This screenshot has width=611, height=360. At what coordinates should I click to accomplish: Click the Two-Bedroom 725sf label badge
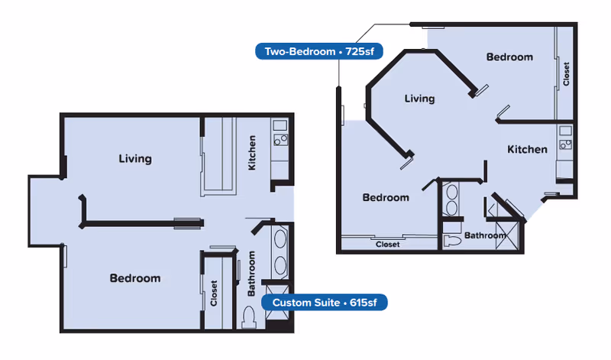(319, 51)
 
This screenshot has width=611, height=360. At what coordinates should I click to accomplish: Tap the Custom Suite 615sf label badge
(324, 302)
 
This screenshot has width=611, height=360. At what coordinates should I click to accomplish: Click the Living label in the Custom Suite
(135, 159)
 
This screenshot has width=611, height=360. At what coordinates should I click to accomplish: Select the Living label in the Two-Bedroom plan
(419, 99)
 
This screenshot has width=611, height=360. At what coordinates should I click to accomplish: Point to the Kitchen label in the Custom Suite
(252, 153)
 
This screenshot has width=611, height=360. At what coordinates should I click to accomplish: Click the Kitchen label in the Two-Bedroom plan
(527, 149)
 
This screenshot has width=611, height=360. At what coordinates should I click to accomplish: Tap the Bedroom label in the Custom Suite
(135, 278)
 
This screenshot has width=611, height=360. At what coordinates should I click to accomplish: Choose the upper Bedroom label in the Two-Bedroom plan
(509, 57)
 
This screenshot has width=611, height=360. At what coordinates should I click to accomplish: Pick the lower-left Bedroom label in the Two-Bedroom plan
(386, 197)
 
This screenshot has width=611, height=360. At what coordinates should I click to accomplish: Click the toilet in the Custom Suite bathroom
(249, 316)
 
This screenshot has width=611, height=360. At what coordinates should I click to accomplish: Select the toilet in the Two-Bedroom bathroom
(452, 241)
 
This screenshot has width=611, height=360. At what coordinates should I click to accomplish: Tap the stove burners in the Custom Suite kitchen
(280, 140)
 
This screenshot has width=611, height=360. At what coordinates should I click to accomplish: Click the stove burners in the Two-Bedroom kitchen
(565, 144)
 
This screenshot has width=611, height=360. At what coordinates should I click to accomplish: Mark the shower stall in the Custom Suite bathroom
(277, 302)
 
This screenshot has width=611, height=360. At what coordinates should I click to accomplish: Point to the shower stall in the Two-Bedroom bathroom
(507, 235)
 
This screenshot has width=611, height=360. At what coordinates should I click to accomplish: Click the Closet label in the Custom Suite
(214, 293)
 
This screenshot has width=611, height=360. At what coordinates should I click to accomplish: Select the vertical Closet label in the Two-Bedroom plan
(566, 73)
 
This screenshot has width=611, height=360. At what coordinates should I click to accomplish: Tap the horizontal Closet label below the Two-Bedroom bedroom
(388, 244)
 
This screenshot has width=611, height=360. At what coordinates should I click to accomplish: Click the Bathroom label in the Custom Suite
(252, 274)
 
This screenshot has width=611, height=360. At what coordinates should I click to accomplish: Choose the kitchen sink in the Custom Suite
(280, 125)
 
